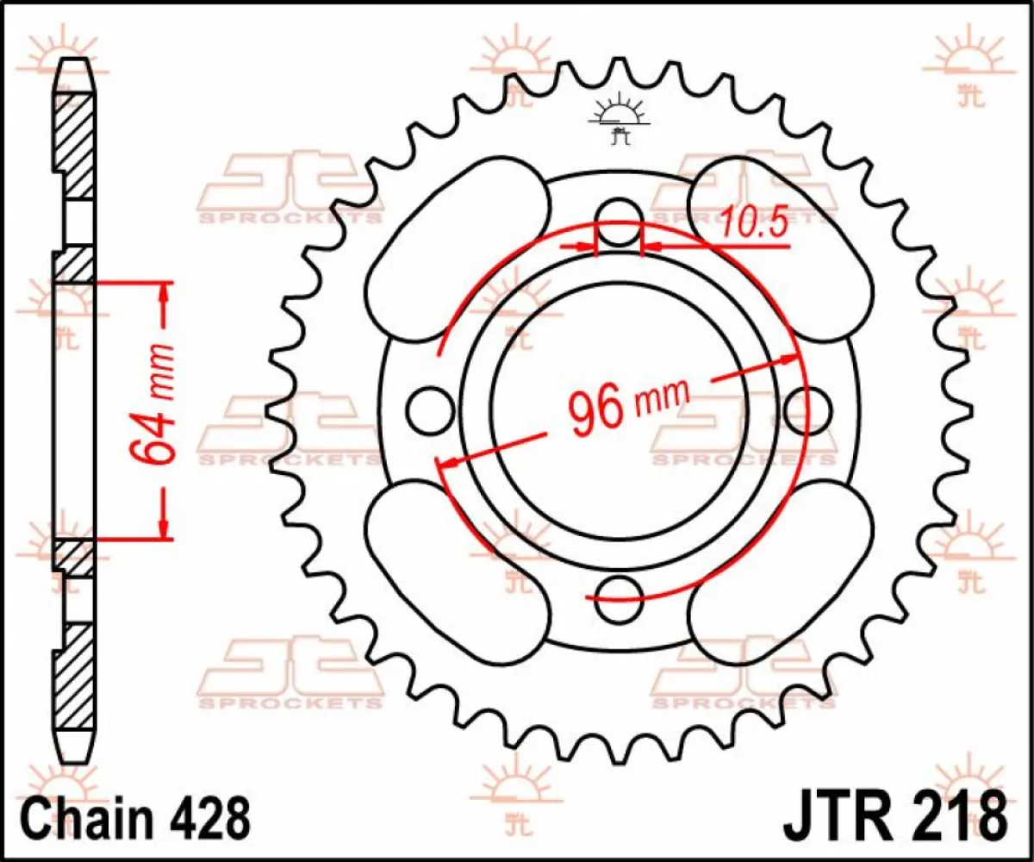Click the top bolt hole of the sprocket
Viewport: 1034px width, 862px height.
[x=620, y=215]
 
